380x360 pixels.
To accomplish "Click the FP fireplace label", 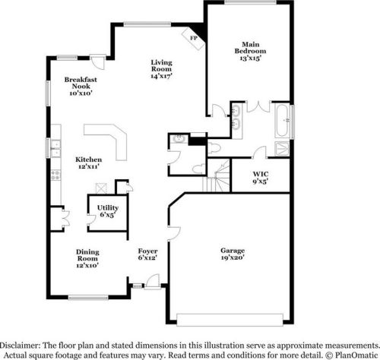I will (x=193, y=36).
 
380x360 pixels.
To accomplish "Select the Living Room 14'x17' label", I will (x=162, y=69).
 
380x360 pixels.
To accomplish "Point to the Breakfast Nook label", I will (x=80, y=85).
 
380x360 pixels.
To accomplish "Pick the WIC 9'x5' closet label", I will (x=261, y=178).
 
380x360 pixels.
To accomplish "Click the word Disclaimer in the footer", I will (x=22, y=343).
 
